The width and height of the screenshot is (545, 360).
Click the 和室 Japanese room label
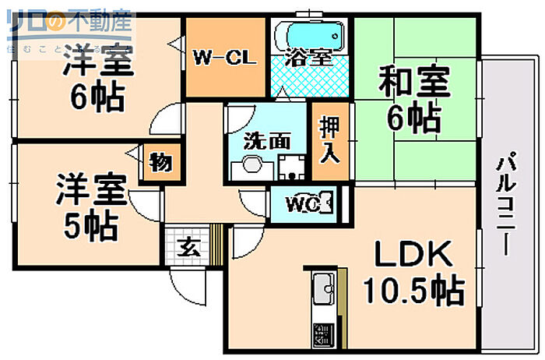point(415,82)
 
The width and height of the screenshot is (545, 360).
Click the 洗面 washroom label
point(267,141)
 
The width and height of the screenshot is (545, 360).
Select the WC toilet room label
point(303,205)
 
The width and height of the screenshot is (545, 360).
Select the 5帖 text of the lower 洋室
point(90,225)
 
